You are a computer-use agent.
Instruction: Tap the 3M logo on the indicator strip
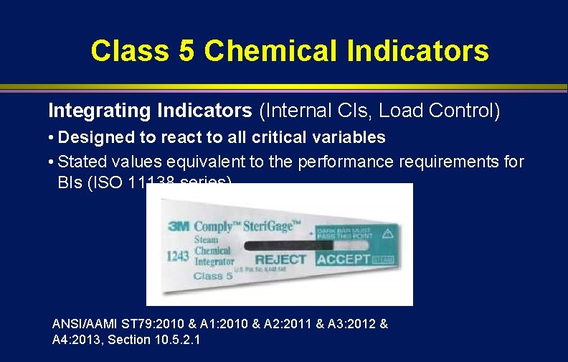coord(178,225)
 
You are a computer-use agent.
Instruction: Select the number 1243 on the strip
coord(177,254)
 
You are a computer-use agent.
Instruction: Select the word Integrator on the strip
coord(214,262)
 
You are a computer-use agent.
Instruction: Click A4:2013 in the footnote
coord(76,339)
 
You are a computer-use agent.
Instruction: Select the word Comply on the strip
coord(219,225)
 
